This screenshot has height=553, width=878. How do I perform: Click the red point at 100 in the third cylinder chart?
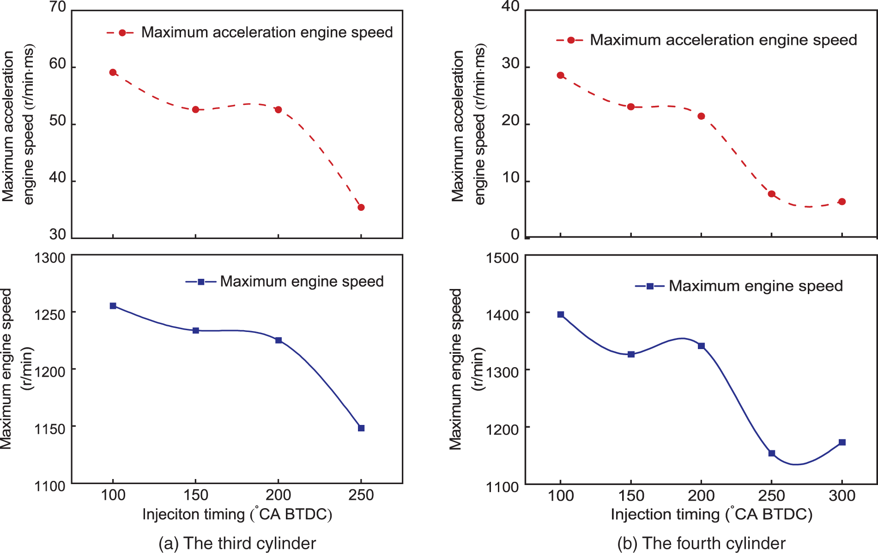(x=113, y=73)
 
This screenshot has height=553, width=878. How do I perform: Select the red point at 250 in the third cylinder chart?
(x=361, y=208)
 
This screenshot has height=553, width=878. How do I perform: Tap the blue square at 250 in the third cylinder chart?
(x=361, y=428)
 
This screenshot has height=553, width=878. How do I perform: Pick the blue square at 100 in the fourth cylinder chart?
(x=561, y=314)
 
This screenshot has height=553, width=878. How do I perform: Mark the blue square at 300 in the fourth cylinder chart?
(x=842, y=442)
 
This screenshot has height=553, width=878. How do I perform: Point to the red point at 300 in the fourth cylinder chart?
(x=842, y=202)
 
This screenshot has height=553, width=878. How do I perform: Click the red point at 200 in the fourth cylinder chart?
(x=701, y=116)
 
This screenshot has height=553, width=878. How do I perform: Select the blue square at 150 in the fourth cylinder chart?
(x=631, y=354)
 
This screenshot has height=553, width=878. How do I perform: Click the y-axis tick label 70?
(x=58, y=7)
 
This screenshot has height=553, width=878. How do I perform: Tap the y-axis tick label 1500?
(x=502, y=258)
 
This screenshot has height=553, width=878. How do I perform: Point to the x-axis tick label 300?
(x=842, y=496)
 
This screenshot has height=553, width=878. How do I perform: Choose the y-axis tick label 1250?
(x=49, y=315)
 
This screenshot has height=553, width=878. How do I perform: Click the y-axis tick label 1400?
(x=502, y=315)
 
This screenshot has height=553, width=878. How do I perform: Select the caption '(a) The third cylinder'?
(x=237, y=543)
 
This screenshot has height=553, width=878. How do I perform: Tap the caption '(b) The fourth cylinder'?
(x=701, y=543)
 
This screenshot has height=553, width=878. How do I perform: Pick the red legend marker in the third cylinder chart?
(x=122, y=33)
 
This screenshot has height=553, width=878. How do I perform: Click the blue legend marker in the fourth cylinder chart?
(x=650, y=286)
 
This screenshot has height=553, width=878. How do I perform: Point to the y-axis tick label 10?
(x=511, y=178)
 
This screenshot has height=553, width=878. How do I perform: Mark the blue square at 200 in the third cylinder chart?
(x=279, y=340)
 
